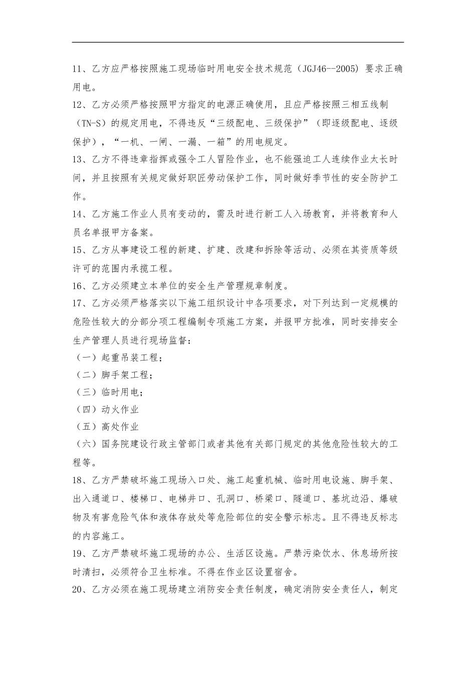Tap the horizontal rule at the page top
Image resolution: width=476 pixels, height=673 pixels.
click(x=238, y=43)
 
